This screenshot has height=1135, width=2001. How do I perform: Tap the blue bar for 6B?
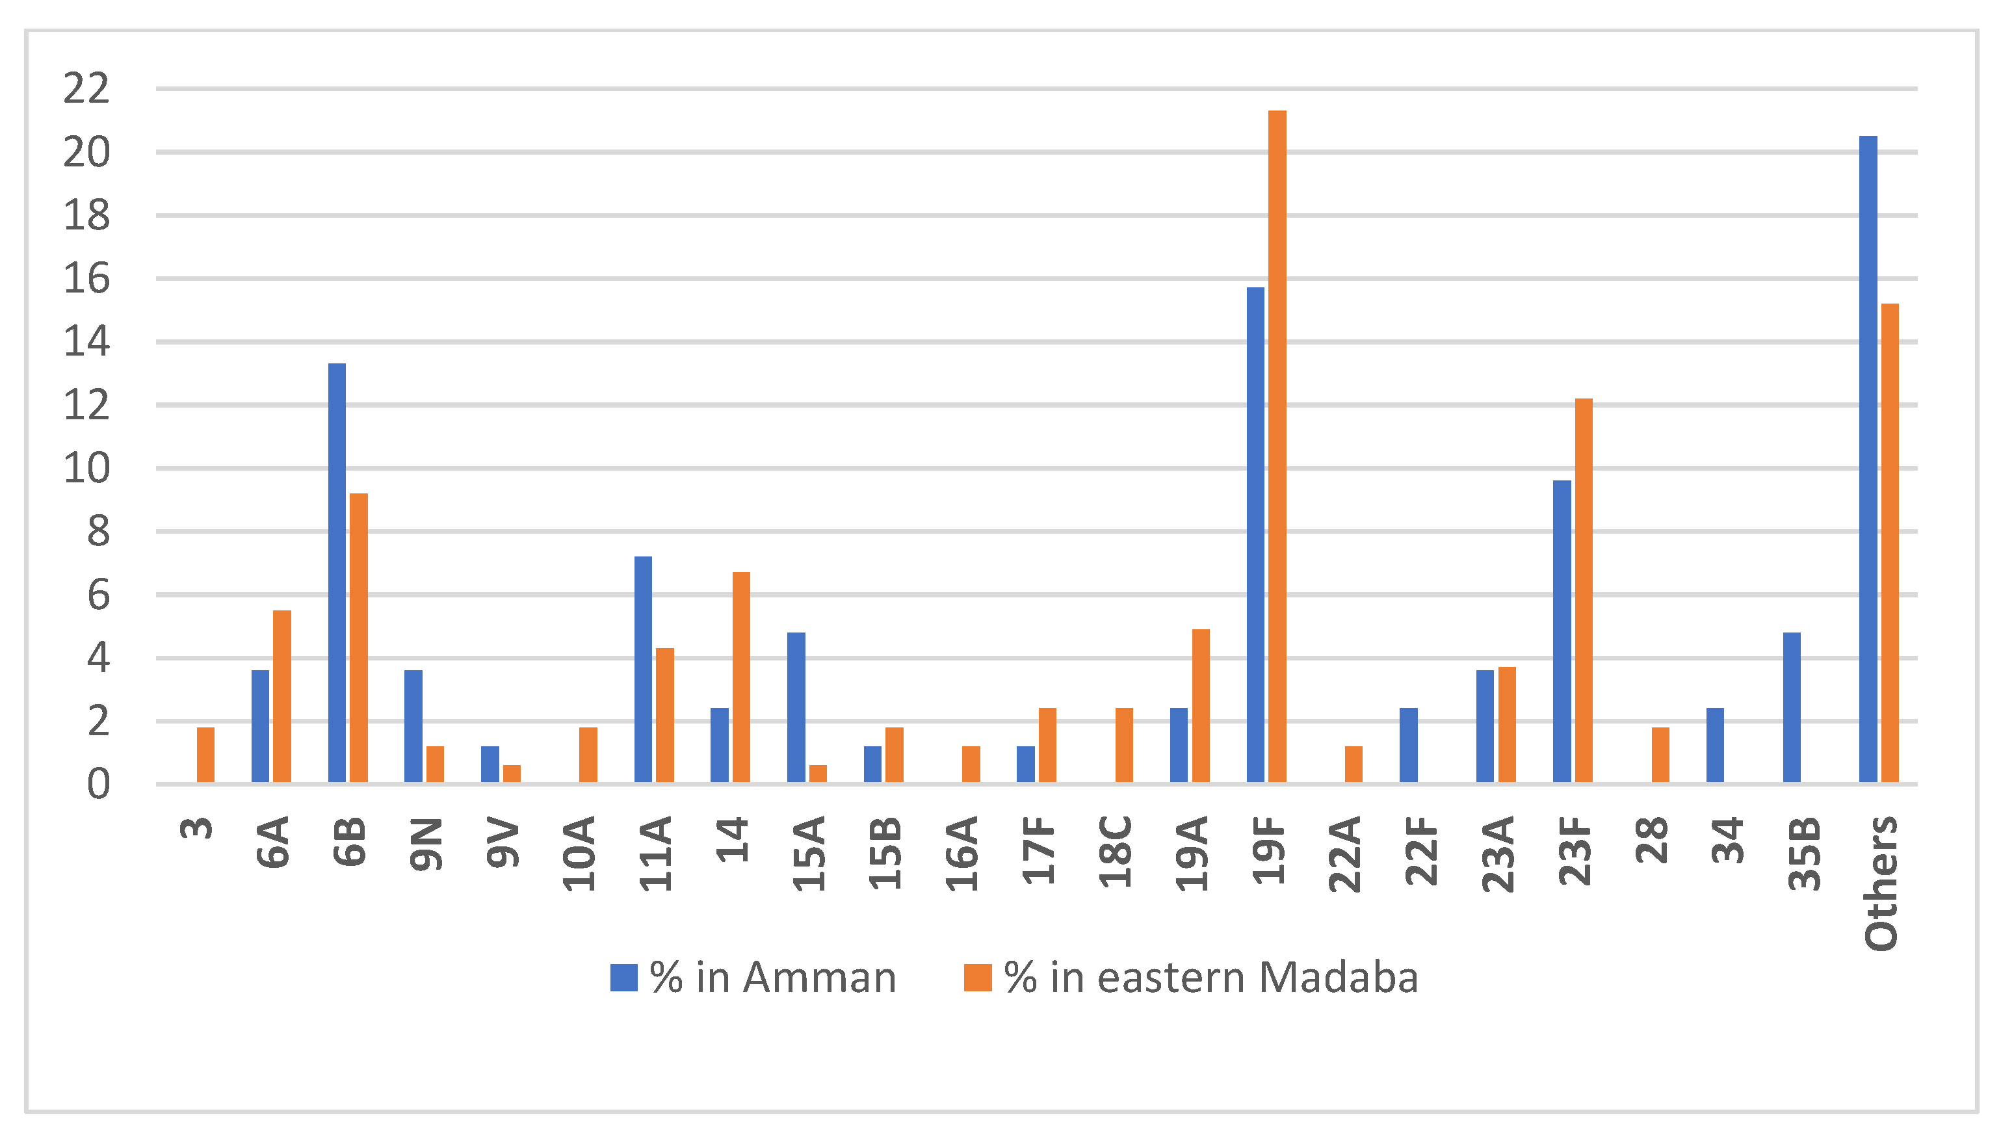click(x=337, y=573)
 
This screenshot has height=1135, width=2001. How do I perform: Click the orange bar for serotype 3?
click(x=206, y=755)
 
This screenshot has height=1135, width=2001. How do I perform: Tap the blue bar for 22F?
click(x=1409, y=744)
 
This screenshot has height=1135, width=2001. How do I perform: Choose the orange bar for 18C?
click(x=1124, y=744)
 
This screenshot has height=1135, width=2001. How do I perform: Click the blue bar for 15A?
click(x=796, y=707)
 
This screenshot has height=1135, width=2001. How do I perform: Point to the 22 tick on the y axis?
click(x=86, y=89)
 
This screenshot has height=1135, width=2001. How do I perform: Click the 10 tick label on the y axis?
click(x=86, y=469)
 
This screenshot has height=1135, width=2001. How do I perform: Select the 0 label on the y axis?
click(x=98, y=784)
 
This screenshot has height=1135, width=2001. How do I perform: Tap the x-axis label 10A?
click(x=580, y=854)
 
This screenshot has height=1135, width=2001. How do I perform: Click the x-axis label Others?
click(x=1880, y=883)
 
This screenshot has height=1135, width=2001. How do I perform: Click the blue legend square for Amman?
click(x=623, y=978)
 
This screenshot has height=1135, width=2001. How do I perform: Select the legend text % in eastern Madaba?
click(x=1210, y=978)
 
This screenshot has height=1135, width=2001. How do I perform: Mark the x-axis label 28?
click(x=1651, y=841)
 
